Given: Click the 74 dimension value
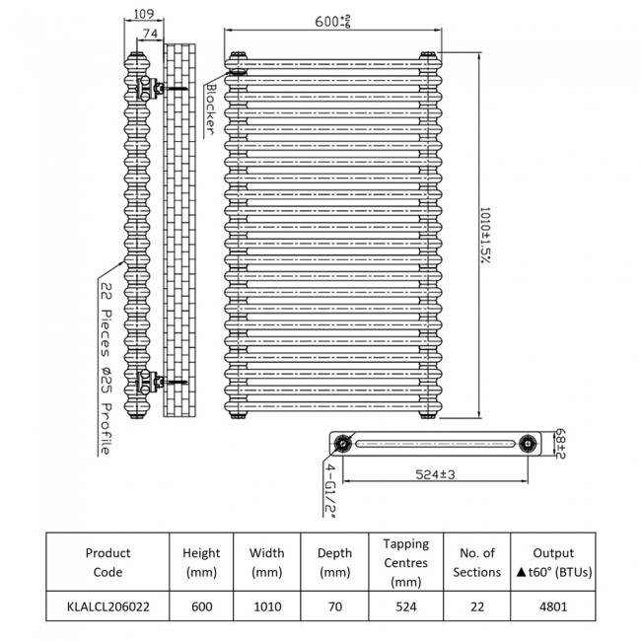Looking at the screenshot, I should coord(151,34).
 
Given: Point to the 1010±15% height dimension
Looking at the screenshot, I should coord(484,234).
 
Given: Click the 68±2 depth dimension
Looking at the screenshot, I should coord(560,442).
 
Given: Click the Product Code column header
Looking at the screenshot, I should coord(107,562).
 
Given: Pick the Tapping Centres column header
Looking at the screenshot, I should coord(405,562).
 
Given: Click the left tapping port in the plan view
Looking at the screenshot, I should coord(343,443).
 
